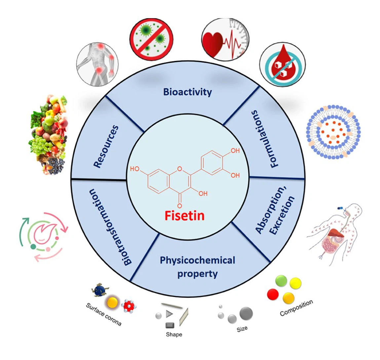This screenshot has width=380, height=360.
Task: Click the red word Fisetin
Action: (x=184, y=215)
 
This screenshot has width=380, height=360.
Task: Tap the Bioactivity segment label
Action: (x=187, y=92)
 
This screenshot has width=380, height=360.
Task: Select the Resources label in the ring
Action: (x=106, y=146)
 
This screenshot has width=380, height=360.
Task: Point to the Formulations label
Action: (x=268, y=139)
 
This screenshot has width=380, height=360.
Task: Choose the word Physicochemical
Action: (x=197, y=260)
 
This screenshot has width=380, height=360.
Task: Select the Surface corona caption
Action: (x=103, y=314)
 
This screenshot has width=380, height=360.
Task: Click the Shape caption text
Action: (x=174, y=335)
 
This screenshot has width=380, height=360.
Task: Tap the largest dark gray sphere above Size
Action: (x=246, y=313)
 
